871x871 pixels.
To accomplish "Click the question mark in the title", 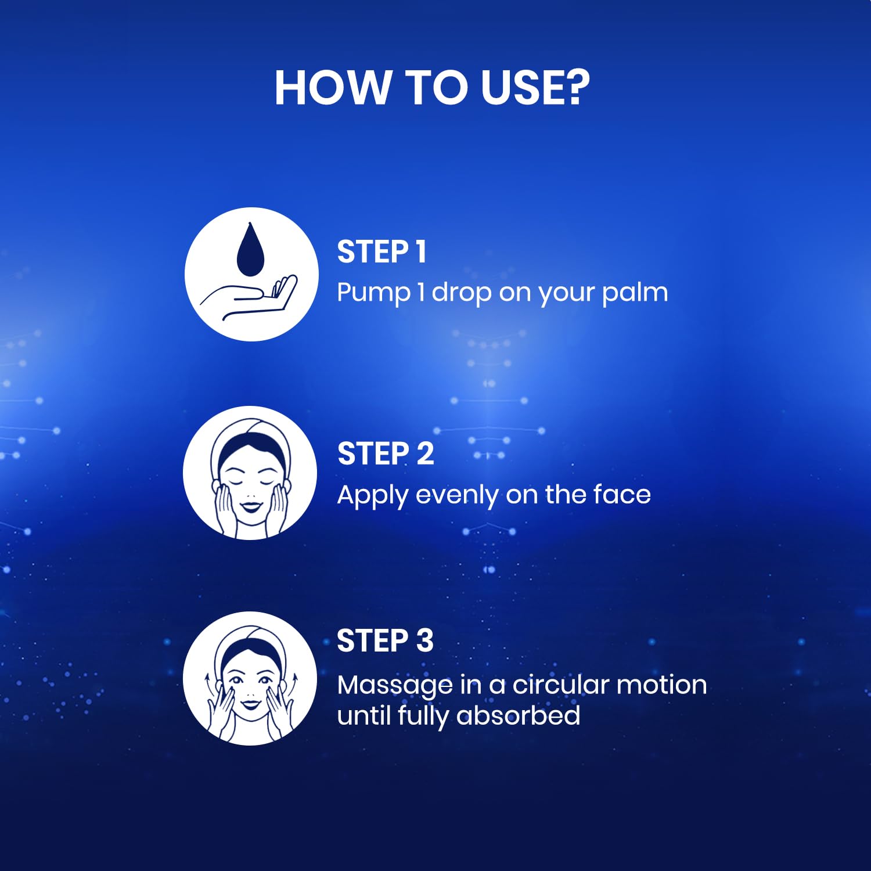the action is coord(577,87).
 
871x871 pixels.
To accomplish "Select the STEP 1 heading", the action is coord(381,252).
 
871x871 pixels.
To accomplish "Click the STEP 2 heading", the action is coord(386,454).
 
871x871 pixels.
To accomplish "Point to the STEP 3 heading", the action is coord(385,641).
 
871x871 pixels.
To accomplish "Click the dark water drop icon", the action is coord(250,249).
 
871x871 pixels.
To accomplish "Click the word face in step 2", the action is coord(622,495).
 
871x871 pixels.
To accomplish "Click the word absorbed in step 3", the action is coord(518,715).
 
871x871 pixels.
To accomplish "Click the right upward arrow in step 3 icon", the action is coord(294,683).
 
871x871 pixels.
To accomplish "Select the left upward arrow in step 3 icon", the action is coord(207,683).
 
